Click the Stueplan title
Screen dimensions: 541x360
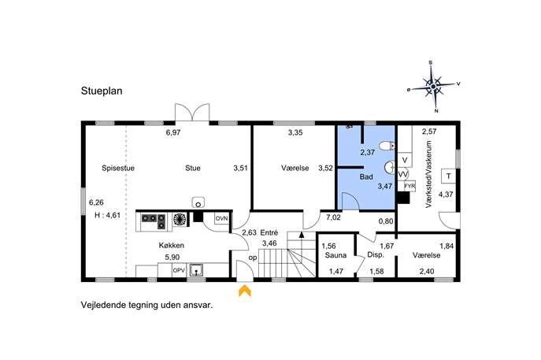pyautogui.click(x=102, y=91)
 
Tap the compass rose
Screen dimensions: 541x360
pyautogui.click(x=433, y=87)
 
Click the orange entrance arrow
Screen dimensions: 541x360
pyautogui.click(x=245, y=291)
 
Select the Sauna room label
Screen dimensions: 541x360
pyautogui.click(x=335, y=255)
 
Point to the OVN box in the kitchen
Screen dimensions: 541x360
pyautogui.click(x=221, y=219)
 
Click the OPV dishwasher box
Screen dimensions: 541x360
pyautogui.click(x=179, y=271)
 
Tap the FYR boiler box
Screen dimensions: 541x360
pyautogui.click(x=409, y=186)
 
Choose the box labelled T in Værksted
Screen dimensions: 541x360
pyautogui.click(x=449, y=176)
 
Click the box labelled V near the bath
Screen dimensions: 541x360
pyautogui.click(x=405, y=160)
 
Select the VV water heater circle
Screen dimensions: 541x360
pyautogui.click(x=403, y=175)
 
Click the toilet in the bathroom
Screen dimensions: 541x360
pyautogui.click(x=387, y=146)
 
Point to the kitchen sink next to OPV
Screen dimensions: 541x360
pyautogui.click(x=196, y=271)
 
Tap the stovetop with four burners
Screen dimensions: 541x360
pyautogui.click(x=154, y=221)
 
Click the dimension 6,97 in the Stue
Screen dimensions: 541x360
pyautogui.click(x=173, y=132)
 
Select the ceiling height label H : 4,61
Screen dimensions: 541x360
pyautogui.click(x=107, y=215)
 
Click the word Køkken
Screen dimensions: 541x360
pyautogui.click(x=171, y=246)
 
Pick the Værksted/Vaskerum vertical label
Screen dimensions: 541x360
pyautogui.click(x=429, y=174)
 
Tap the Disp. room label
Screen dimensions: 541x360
pyautogui.click(x=376, y=255)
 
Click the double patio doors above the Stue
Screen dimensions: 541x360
pyautogui.click(x=192, y=112)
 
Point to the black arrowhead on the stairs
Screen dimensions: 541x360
pyautogui.click(x=302, y=235)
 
